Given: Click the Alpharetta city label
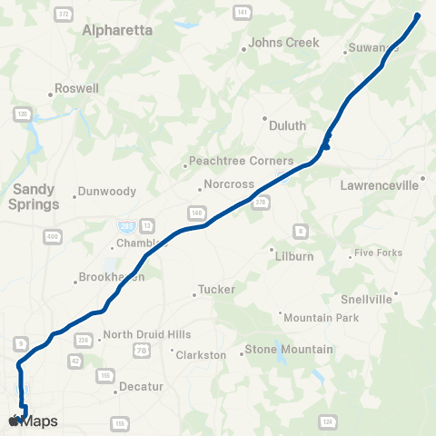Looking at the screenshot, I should coord(117,30).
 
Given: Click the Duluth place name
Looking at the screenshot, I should coord(288,126).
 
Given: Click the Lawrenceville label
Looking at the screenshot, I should coord(380,185).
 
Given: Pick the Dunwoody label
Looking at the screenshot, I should coord(108,192).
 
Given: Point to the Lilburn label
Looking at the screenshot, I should coord(293,256).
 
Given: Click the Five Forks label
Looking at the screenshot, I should coord(377,253).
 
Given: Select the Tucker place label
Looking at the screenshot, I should coord(217,291).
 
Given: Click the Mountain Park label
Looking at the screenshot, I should coord(322,318).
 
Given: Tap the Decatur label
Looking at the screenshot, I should coord(142,386).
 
